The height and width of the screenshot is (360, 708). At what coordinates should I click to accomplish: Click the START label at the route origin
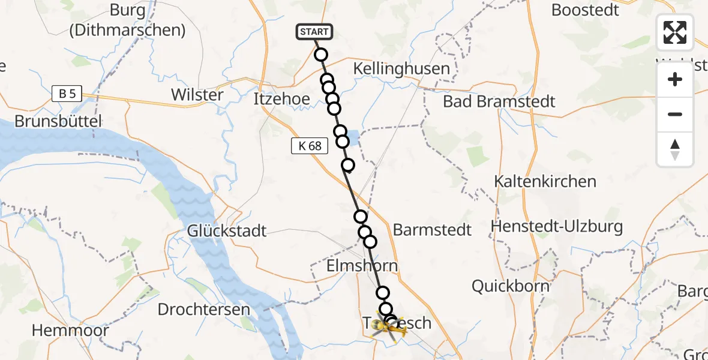(313, 32)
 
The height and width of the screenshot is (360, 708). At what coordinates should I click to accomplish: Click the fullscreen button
(675, 32)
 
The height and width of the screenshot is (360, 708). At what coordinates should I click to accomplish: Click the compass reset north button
(675, 149)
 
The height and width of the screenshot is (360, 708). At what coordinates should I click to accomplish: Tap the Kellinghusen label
(401, 68)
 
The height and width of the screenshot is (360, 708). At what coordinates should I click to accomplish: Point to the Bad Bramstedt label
(499, 101)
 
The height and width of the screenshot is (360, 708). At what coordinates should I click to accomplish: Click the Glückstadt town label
(227, 230)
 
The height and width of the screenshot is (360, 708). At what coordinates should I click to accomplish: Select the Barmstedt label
(432, 230)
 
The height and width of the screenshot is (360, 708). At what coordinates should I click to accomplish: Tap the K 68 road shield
(310, 145)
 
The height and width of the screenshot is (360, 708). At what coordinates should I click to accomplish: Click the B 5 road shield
(67, 94)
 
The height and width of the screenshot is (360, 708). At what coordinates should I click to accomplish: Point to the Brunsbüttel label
(58, 120)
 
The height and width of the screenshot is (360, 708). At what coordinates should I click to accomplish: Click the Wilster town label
(197, 94)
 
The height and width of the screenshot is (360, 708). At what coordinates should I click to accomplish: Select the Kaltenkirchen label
(545, 181)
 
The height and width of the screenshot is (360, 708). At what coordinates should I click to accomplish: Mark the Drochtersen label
(203, 310)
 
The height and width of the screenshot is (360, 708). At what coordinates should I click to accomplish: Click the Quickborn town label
(510, 286)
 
